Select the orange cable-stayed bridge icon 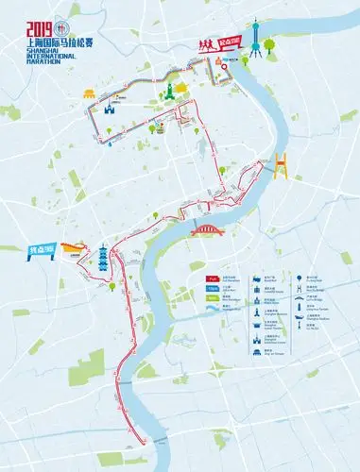click(x=280, y=167)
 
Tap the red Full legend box click(x=214, y=278)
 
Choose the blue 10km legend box click(x=214, y=292)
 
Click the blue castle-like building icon click(x=110, y=110)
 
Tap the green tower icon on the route click(x=167, y=92)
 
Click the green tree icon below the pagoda click(x=111, y=285)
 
